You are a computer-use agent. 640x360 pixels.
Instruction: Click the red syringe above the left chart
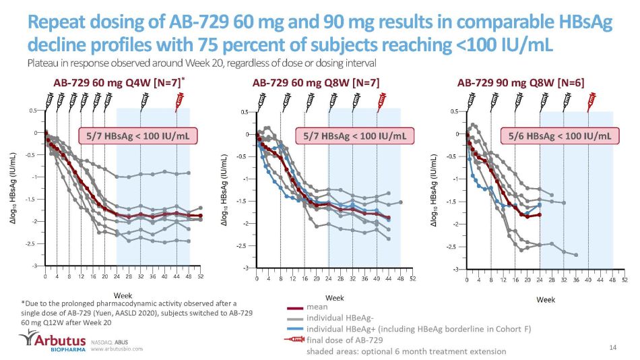tap(180, 100)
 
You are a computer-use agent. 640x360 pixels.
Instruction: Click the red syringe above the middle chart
tap(382, 100)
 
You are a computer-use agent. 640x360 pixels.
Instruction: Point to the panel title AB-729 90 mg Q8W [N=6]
tap(521, 83)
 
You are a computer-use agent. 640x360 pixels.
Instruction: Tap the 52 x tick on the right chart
tap(625, 278)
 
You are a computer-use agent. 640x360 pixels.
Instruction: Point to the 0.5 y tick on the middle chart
tap(245, 112)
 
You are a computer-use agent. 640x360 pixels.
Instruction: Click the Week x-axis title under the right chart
tap(546, 298)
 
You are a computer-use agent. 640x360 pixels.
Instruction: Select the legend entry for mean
tap(317, 307)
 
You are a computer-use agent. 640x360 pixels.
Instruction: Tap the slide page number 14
tap(612, 347)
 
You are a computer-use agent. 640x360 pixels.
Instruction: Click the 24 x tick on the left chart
tap(117, 276)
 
